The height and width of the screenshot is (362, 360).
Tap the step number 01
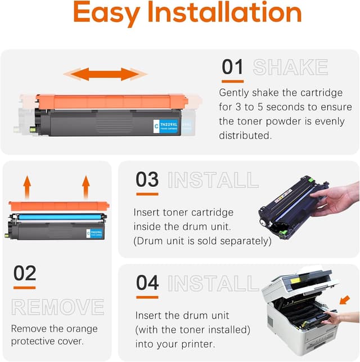tap(232, 67)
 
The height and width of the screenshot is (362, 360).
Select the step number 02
tap(25, 274)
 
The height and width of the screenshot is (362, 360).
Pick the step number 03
tap(147, 180)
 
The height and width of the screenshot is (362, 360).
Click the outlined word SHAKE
tap(290, 68)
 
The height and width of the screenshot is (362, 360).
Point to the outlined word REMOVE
tap(58, 307)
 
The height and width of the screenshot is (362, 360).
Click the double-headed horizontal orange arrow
tap(105, 74)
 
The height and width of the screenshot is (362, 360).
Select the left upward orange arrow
tap(26, 185)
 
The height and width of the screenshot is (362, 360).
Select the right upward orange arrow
tap(85, 185)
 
